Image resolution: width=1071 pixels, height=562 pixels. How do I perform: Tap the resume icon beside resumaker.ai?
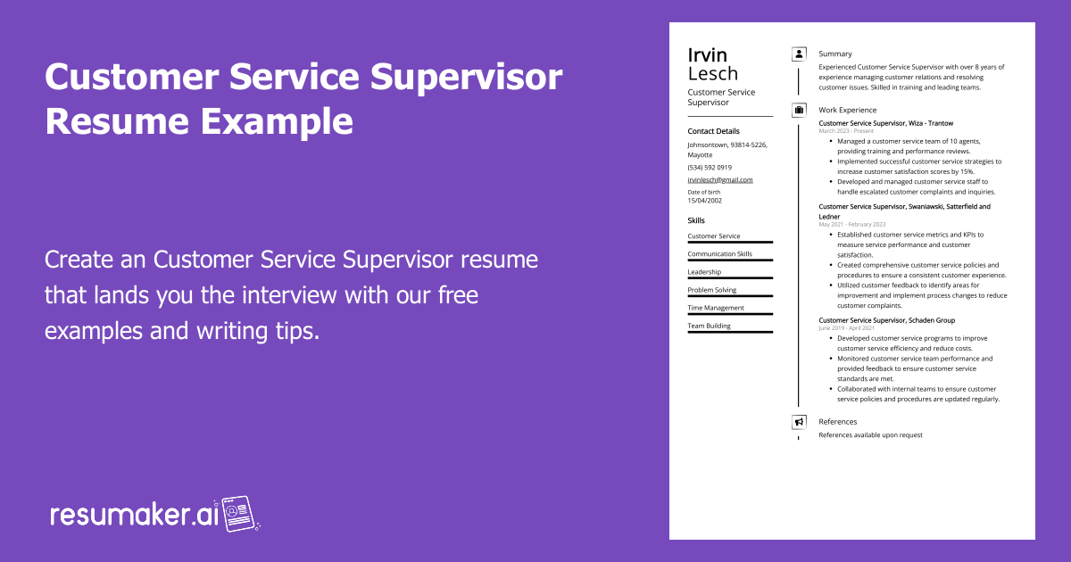[239, 514]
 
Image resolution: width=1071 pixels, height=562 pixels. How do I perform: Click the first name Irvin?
[708, 55]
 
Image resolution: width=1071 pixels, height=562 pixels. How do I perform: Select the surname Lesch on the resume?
[713, 74]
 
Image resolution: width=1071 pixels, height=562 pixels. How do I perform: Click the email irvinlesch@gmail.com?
[719, 179]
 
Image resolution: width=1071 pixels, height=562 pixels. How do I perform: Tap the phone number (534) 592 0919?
[710, 167]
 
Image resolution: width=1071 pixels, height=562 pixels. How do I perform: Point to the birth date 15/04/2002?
[704, 201]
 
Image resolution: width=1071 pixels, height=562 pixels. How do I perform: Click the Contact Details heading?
[713, 131]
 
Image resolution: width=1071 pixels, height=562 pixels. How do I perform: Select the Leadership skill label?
[704, 272]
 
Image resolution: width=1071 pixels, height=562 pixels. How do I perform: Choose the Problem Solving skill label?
[712, 290]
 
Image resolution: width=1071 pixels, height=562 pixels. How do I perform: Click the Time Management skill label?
[716, 308]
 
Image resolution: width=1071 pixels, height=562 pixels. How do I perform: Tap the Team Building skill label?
[709, 326]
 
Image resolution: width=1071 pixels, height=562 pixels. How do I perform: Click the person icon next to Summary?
[799, 54]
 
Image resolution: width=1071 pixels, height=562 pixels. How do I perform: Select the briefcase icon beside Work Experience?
[799, 111]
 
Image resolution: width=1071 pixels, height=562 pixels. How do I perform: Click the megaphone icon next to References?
[799, 422]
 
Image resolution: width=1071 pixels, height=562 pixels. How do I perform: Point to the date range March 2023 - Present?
[846, 131]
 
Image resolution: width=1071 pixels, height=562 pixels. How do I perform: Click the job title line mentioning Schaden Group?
[886, 319]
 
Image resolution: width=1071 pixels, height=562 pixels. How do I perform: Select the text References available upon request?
[870, 435]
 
